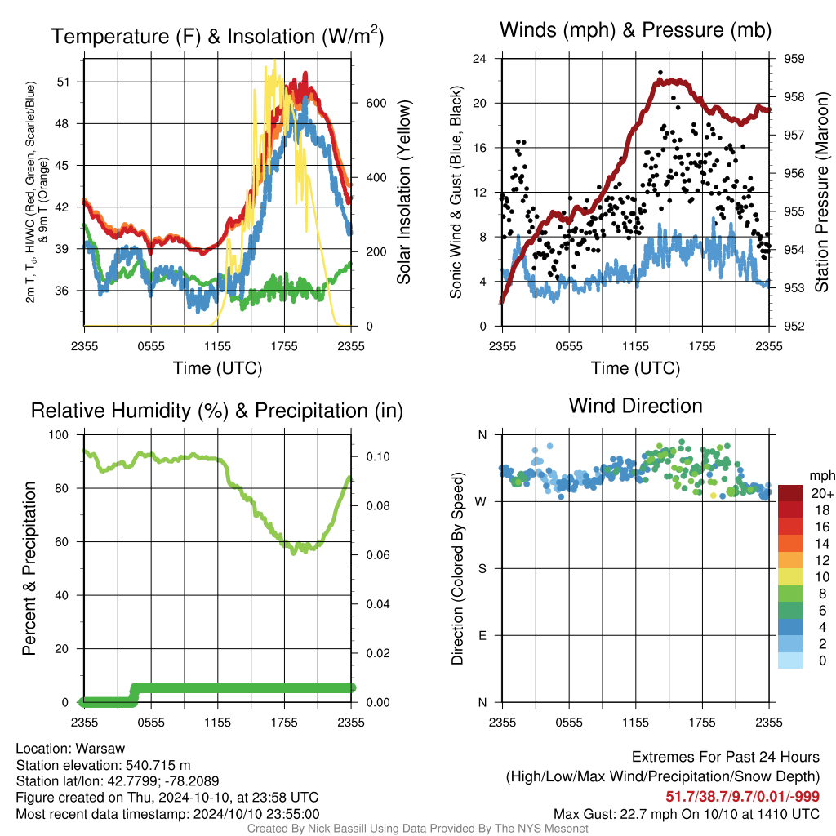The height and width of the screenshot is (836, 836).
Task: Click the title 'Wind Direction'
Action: (635, 406)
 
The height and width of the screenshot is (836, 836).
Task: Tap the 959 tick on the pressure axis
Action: (794, 59)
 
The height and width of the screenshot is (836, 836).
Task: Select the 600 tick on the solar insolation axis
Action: (376, 103)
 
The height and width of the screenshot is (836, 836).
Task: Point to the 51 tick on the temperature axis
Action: (63, 82)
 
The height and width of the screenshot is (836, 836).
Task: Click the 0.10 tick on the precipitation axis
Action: (378, 456)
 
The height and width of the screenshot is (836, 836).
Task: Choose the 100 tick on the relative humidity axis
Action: (59, 434)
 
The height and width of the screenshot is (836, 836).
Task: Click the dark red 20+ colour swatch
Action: (790, 493)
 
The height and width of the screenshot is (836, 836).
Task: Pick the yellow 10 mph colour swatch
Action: (790, 577)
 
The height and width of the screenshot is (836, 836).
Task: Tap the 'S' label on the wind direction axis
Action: (482, 568)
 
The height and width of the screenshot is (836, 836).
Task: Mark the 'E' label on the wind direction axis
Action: (482, 635)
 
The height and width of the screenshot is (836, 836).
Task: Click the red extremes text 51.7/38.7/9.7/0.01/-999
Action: (742, 797)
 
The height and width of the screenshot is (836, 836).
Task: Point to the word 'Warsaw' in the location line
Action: (100, 749)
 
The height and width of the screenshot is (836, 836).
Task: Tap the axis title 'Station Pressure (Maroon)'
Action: (821, 192)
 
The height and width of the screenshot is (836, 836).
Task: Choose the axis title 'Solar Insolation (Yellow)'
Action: (403, 192)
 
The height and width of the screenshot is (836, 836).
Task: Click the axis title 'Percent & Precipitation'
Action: (29, 568)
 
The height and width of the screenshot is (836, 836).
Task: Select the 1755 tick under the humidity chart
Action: (284, 723)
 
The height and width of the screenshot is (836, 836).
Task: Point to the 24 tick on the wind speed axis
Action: (479, 59)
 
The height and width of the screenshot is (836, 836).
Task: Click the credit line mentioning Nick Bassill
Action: (417, 829)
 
